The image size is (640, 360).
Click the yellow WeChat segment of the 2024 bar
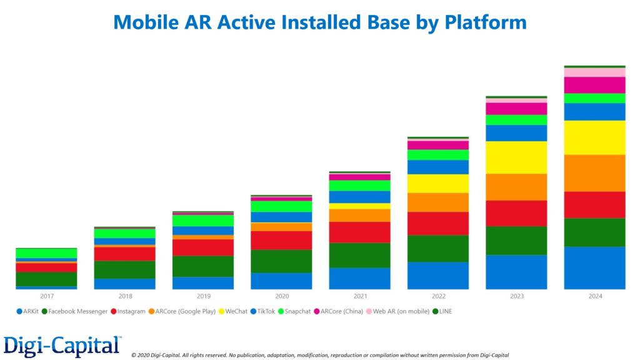click(x=594, y=137)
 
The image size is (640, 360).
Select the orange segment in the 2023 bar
click(x=516, y=187)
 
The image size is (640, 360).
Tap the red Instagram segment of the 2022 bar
click(x=438, y=223)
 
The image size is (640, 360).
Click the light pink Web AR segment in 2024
click(x=594, y=72)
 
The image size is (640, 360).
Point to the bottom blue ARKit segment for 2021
click(x=359, y=278)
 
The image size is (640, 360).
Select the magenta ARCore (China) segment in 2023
click(x=516, y=109)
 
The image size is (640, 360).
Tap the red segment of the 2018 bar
click(x=125, y=254)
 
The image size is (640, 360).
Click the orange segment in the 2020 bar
click(x=281, y=227)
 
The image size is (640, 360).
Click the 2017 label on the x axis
click(x=47, y=296)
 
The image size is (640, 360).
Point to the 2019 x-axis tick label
click(x=203, y=296)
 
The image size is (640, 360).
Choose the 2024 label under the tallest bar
click(x=594, y=296)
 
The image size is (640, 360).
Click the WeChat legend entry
click(x=236, y=311)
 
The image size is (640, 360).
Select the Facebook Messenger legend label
click(x=77, y=311)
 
